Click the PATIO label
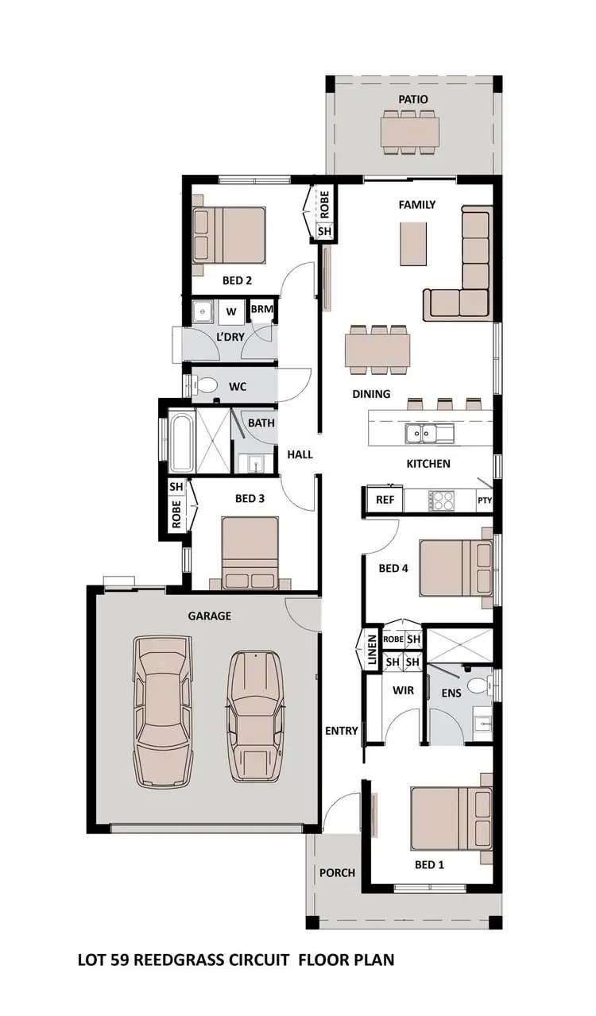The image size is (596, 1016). pos(413,99)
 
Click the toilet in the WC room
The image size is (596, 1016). pos(207,386)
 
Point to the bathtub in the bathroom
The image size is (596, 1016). pos(181,442)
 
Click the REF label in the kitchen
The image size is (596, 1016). pos(385,500)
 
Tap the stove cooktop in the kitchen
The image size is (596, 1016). pos(441,500)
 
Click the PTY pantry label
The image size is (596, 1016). pos(484,501)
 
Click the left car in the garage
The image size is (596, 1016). pos(163,711)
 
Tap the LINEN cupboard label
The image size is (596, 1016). pos(371,649)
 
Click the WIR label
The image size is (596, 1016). pos(403,690)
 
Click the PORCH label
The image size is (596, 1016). pos(337,872)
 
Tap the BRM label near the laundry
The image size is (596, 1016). pos(261,309)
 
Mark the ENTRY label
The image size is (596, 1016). pos(342,731)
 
